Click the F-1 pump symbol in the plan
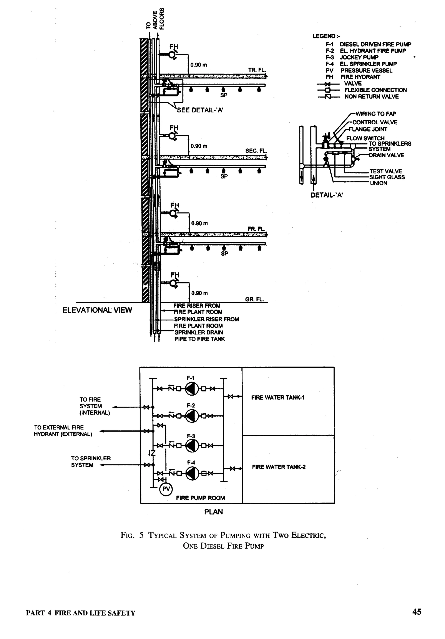point(192,389)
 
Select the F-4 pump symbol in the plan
point(192,473)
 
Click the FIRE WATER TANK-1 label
point(277,398)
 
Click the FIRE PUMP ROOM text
point(200,498)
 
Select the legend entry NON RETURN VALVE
point(371,97)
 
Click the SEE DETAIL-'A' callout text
point(200,110)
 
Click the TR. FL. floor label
point(257,70)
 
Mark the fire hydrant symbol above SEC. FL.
point(173,136)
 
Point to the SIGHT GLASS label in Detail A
point(387,177)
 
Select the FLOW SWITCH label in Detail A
point(365,138)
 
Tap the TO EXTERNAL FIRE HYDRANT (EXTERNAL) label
point(63,431)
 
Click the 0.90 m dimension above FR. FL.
point(199,223)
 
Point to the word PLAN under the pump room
point(213,512)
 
